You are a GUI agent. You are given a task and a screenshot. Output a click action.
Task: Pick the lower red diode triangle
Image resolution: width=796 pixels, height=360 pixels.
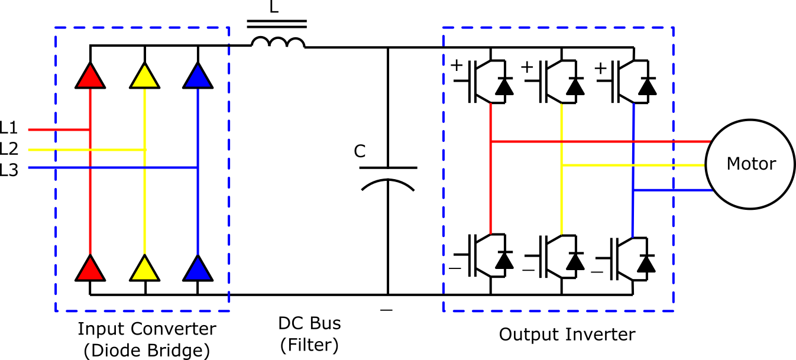(x=90, y=269)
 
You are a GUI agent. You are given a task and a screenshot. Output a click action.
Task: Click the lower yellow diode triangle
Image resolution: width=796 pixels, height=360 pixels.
(x=144, y=269)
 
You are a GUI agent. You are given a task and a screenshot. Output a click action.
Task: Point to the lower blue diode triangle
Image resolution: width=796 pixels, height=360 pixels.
(x=198, y=269)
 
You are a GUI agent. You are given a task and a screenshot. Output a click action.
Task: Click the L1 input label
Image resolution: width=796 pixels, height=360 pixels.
(x=9, y=128)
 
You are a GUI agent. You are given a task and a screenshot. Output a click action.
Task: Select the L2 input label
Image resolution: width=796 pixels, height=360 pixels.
(x=9, y=149)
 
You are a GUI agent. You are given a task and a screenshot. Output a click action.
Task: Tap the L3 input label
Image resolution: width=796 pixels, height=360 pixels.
(x=9, y=170)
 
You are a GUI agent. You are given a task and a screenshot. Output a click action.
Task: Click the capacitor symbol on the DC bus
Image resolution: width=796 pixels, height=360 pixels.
(x=388, y=177)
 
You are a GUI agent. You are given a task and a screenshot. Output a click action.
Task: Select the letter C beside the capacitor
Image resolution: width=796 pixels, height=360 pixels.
(x=360, y=152)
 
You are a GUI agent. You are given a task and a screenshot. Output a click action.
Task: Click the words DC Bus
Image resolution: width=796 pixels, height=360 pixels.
(x=309, y=324)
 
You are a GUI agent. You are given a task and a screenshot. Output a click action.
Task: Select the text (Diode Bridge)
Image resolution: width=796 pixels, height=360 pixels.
(x=147, y=351)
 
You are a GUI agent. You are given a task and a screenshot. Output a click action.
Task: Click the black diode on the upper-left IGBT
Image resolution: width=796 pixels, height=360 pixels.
(x=504, y=87)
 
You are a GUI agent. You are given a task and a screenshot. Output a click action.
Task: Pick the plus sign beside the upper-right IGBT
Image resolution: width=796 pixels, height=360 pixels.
(x=600, y=68)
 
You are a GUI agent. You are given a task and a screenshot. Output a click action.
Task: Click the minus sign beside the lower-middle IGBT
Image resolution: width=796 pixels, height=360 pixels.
(x=528, y=270)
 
